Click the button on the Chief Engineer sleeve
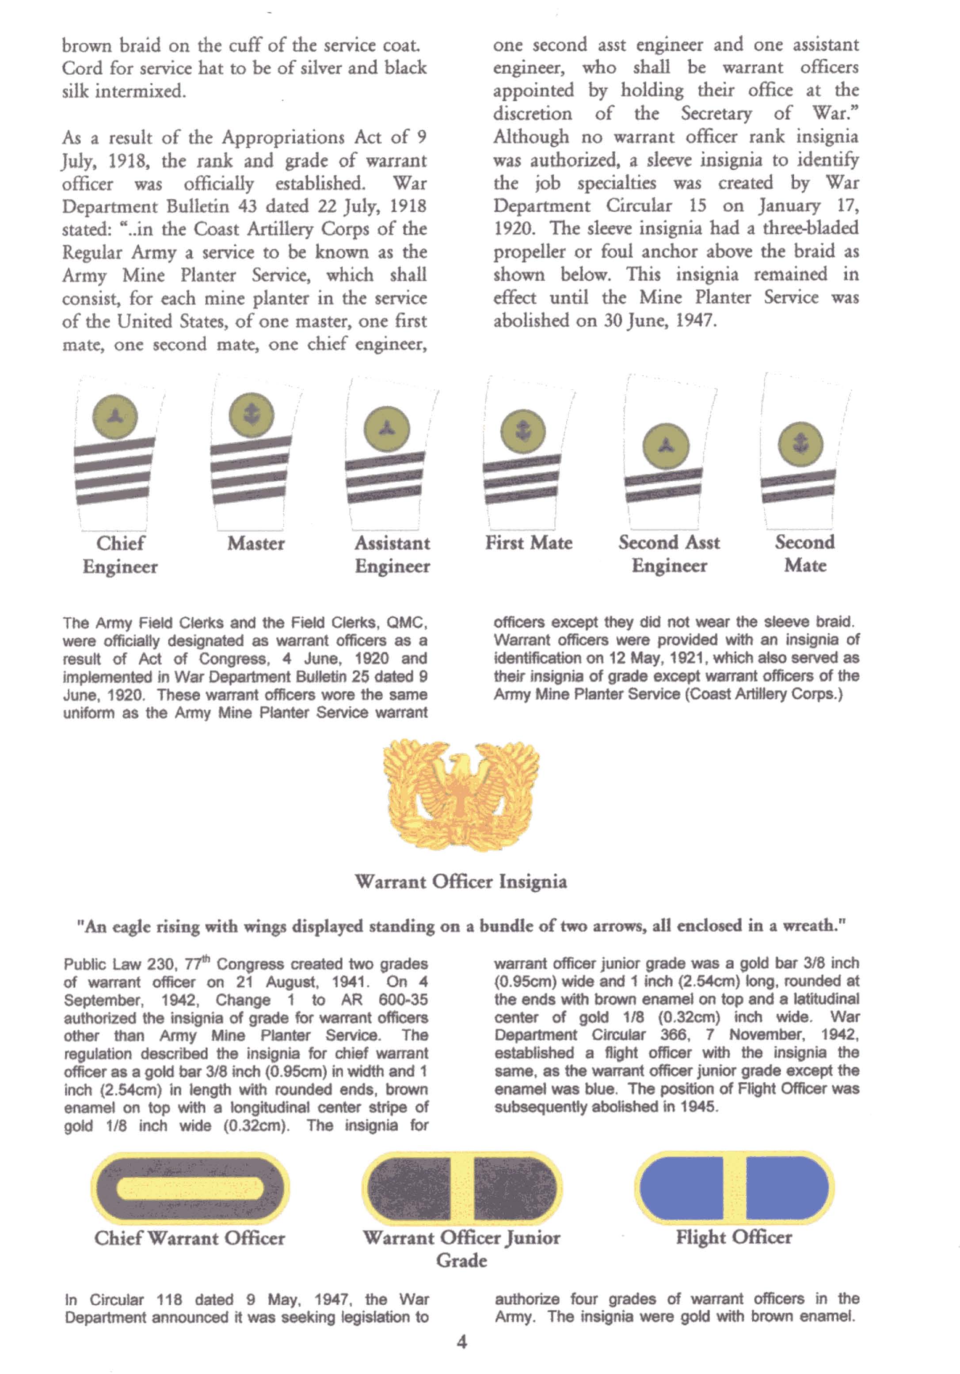[x=114, y=416]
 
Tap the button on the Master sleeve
[x=251, y=415]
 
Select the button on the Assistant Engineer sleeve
[x=387, y=429]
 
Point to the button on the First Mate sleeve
[x=522, y=431]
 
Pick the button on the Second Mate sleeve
[x=800, y=445]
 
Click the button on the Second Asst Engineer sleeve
[x=666, y=446]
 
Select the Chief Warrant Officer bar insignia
[x=190, y=1188]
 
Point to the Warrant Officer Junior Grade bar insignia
[x=461, y=1188]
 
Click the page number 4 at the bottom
[x=461, y=1342]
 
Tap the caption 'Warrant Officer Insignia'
[x=461, y=882]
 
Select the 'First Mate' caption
[x=529, y=543]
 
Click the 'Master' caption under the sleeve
[x=255, y=544]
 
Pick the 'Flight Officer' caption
[x=734, y=1237]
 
